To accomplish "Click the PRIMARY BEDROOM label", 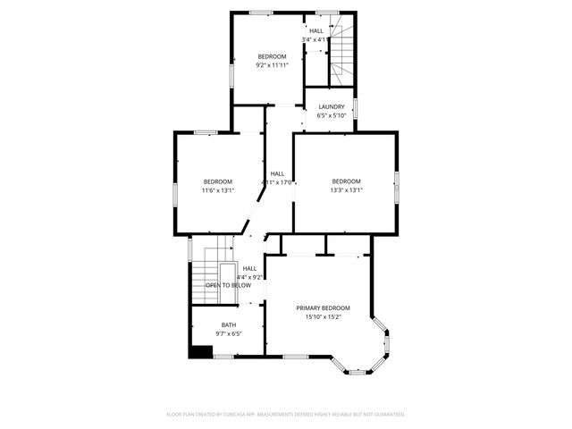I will point(323,307).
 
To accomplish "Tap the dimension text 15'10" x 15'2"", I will point(323,316).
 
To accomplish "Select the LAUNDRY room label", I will point(331,106).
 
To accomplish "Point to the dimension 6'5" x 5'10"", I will point(331,115).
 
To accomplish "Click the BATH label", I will point(229,324).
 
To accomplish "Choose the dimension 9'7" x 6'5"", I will point(229,333).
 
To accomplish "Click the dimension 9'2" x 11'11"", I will point(272,65).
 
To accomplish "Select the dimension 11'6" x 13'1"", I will point(217,189).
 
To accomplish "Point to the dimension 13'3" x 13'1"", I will point(346,189).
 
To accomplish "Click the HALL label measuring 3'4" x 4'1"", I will point(316,30).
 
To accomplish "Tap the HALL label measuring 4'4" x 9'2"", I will point(249,268).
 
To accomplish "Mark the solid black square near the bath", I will point(199,351).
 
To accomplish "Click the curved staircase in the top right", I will point(342,59).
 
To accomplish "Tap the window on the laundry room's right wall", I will point(355,108).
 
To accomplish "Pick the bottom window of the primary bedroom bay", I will point(357,371).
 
